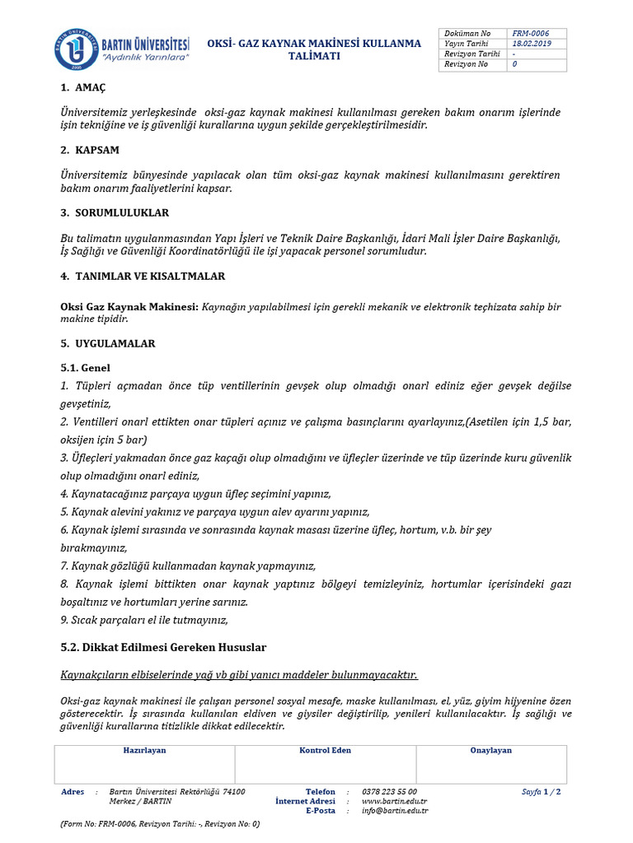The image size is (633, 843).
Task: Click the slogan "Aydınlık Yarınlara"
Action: (145, 59)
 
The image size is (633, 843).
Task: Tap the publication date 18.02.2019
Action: (531, 44)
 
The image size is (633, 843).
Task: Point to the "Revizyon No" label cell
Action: (467, 64)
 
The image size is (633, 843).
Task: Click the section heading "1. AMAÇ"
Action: (83, 87)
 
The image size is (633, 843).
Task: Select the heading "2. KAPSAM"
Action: (90, 150)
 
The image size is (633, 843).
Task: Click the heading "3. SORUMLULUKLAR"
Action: (115, 212)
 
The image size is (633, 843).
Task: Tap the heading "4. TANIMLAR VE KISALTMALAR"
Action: (143, 276)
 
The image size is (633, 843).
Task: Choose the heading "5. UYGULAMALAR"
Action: (108, 342)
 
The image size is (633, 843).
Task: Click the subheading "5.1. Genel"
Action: (86, 367)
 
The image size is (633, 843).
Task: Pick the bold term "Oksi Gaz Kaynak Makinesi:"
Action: (129, 306)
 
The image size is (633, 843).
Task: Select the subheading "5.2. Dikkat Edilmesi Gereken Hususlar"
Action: (163, 647)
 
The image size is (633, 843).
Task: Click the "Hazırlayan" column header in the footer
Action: (144, 751)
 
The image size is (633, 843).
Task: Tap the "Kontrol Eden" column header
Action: (325, 751)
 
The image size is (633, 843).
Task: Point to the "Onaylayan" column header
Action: (490, 751)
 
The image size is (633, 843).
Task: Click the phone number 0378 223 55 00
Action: (389, 792)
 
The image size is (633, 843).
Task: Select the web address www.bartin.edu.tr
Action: (394, 801)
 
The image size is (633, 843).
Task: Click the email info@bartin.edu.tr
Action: (395, 810)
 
